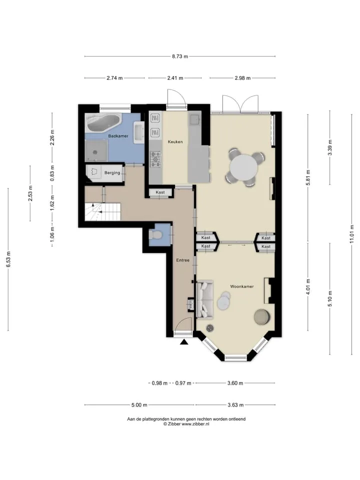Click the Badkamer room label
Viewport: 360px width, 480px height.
pyautogui.click(x=118, y=136)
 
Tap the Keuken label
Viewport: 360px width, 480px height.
pyautogui.click(x=175, y=141)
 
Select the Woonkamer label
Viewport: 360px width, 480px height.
pyautogui.click(x=242, y=286)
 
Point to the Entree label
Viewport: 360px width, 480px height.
pyautogui.click(x=183, y=260)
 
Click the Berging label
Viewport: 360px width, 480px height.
pyautogui.click(x=112, y=173)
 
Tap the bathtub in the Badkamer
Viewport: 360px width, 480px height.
pyautogui.click(x=103, y=122)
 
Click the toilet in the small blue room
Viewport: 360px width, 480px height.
pyautogui.click(x=156, y=235)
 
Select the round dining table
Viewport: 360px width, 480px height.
pyautogui.click(x=244, y=168)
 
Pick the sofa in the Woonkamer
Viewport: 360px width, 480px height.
pyautogui.click(x=205, y=299)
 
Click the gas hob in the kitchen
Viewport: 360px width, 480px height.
pyautogui.click(x=156, y=159)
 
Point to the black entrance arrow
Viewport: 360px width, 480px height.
pyautogui.click(x=184, y=342)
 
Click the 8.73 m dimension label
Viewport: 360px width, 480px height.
pyautogui.click(x=180, y=56)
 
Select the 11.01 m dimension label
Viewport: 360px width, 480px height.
pyautogui.click(x=352, y=234)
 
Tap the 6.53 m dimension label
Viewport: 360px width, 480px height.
pyautogui.click(x=8, y=259)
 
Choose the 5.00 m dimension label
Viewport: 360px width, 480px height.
pyautogui.click(x=139, y=405)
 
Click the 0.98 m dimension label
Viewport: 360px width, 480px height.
pyautogui.click(x=159, y=383)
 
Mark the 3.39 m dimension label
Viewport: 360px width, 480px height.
pyautogui.click(x=330, y=147)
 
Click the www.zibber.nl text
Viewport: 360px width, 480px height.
pyautogui.click(x=195, y=424)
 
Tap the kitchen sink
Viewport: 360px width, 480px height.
pyautogui.click(x=194, y=119)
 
